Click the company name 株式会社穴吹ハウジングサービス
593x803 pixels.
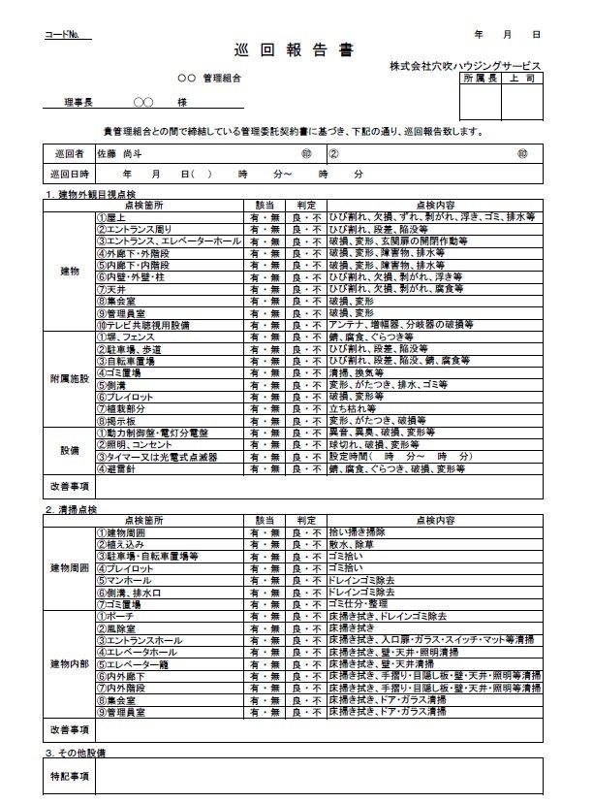click(x=465, y=65)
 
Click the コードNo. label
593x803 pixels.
click(x=67, y=36)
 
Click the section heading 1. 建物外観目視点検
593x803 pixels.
click(x=94, y=196)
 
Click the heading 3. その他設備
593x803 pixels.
click(x=80, y=752)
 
